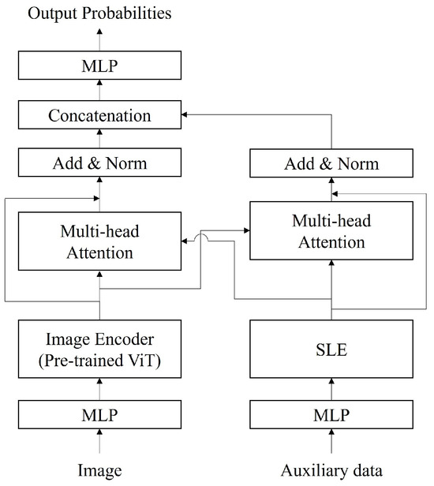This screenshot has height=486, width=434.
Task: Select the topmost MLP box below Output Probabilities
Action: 99,66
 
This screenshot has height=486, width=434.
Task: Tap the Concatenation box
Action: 99,115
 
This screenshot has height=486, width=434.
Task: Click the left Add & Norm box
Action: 99,163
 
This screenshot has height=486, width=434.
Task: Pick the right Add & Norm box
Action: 331,163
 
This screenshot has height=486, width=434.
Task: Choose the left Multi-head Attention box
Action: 99,242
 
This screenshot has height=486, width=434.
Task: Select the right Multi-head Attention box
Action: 331,231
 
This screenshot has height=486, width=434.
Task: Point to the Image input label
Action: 99,471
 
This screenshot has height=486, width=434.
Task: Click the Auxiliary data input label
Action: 331,471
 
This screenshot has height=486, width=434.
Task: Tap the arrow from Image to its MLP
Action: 99,447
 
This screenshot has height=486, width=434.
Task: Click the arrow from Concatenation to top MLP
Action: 99,91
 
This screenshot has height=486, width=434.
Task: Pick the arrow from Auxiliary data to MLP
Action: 331,447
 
